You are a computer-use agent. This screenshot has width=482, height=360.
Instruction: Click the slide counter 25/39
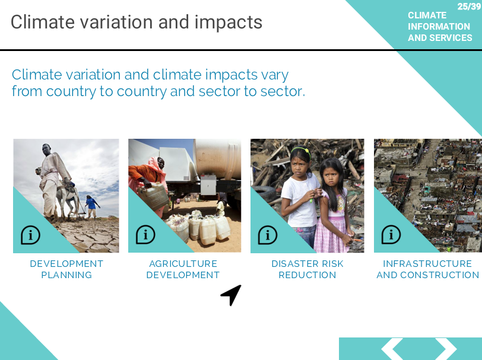click(469, 6)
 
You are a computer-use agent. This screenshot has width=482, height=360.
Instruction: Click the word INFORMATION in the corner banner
click(439, 27)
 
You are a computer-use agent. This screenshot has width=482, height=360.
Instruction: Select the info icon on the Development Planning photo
click(30, 235)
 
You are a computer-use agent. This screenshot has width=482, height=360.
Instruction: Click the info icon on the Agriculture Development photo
click(145, 235)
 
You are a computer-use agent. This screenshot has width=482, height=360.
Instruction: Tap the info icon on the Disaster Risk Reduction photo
click(268, 235)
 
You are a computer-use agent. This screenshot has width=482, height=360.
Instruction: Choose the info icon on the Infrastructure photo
click(391, 235)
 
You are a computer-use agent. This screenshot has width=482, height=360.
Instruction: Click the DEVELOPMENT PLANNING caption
click(66, 269)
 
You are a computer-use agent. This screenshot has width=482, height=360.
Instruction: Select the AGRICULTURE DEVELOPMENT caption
click(183, 269)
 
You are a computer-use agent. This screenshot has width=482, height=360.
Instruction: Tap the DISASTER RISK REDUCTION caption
click(307, 269)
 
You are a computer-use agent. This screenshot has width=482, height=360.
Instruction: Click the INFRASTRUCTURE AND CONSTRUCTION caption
click(427, 269)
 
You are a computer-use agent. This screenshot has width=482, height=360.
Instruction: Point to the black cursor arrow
click(232, 294)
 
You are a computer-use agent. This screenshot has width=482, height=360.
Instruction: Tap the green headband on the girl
click(301, 150)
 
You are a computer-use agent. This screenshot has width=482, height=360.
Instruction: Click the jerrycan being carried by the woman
click(154, 196)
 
